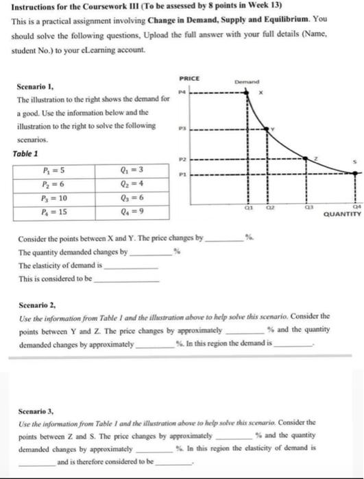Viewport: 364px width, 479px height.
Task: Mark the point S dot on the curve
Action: coord(354,173)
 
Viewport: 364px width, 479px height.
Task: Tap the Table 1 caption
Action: coord(26,154)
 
